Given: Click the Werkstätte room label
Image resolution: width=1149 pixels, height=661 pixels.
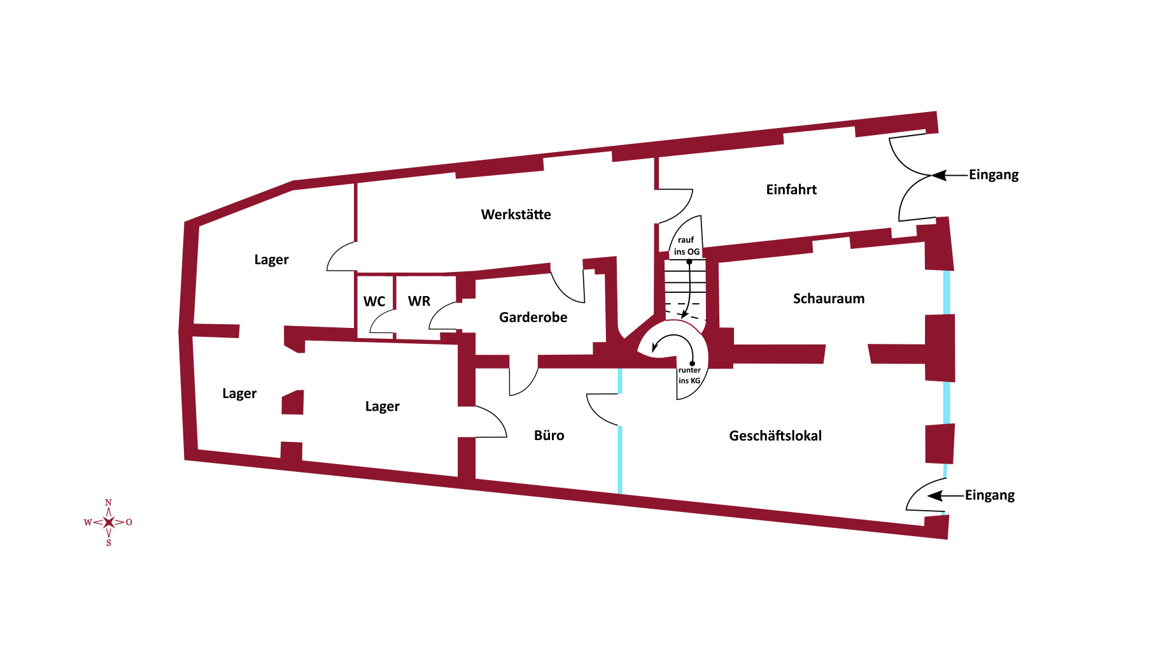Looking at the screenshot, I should [x=516, y=215].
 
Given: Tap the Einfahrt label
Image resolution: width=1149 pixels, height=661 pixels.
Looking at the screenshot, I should [x=791, y=190].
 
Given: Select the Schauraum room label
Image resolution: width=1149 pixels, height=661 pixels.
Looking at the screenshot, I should [x=828, y=299].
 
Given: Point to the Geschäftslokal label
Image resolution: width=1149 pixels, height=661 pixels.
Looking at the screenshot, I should [x=775, y=436].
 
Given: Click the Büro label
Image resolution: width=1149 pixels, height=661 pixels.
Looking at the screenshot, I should [x=549, y=436].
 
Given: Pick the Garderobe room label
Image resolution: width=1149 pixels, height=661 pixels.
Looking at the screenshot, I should [x=533, y=317].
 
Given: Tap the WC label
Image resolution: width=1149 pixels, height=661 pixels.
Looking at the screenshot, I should [x=374, y=301].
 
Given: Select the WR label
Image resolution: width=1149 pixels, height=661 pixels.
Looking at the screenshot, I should [x=419, y=301].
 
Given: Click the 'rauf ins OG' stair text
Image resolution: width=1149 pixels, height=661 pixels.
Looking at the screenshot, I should [x=686, y=246].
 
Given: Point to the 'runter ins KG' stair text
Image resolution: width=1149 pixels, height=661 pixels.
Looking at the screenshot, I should [x=689, y=375].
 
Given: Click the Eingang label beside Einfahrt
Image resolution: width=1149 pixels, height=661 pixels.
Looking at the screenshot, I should [x=993, y=175].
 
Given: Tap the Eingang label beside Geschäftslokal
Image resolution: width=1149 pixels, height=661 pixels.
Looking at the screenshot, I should [x=989, y=495].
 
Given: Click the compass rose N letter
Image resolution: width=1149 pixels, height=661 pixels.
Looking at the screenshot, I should [x=108, y=503].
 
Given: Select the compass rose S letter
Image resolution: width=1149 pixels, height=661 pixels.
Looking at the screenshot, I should [x=109, y=543].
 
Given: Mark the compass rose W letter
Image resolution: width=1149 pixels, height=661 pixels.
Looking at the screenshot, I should [x=88, y=523].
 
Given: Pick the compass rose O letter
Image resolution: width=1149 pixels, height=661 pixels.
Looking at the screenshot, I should [x=129, y=522].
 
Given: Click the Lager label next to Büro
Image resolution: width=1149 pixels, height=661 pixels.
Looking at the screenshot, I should [x=382, y=407].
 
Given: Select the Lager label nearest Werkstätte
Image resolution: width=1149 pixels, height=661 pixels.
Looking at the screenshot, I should [x=271, y=260].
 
